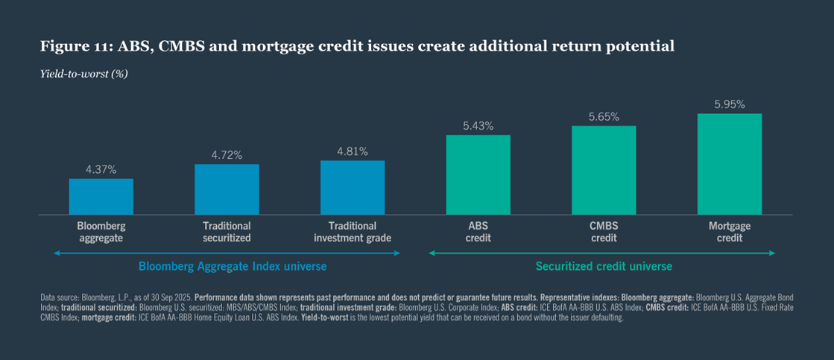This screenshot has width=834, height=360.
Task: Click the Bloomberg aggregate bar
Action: [x=101, y=197]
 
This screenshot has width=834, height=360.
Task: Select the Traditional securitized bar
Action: [x=227, y=189]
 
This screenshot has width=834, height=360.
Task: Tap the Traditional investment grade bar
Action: [x=353, y=188]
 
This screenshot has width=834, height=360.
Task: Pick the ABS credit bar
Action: [x=478, y=175]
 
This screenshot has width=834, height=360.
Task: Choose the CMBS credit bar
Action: [x=604, y=171]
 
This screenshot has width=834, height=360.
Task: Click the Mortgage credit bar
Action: [x=729, y=165]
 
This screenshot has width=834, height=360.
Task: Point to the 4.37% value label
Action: [x=101, y=170]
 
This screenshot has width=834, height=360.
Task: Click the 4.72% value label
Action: [x=227, y=155]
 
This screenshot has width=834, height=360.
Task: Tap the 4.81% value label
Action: [x=353, y=151]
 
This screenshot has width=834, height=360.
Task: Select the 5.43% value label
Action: [x=478, y=126]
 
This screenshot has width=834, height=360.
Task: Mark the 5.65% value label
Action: [x=604, y=117]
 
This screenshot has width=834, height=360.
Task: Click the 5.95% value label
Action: [x=729, y=104]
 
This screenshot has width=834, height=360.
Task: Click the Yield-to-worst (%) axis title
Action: [x=75, y=74]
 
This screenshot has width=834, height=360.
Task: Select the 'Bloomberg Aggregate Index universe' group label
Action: [x=233, y=266]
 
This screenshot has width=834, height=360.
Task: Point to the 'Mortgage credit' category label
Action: [x=729, y=232]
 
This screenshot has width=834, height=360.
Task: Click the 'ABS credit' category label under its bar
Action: [x=478, y=232]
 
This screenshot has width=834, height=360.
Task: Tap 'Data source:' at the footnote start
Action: [x=60, y=297]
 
